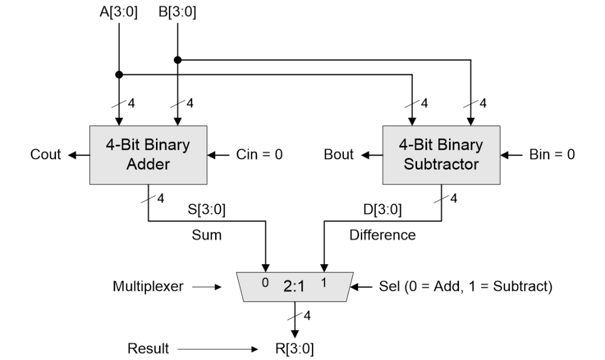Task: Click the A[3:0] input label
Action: coord(119,12)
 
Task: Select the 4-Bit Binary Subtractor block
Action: coord(441,154)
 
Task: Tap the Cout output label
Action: coord(45,155)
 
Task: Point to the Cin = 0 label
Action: coord(258,155)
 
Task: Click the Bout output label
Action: coord(339,155)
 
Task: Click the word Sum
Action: coord(207,235)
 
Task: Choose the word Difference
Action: coord(382,235)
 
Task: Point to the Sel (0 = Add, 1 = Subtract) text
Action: coord(465,287)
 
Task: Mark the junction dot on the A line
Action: coord(119,74)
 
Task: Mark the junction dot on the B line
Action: coord(177,59)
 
